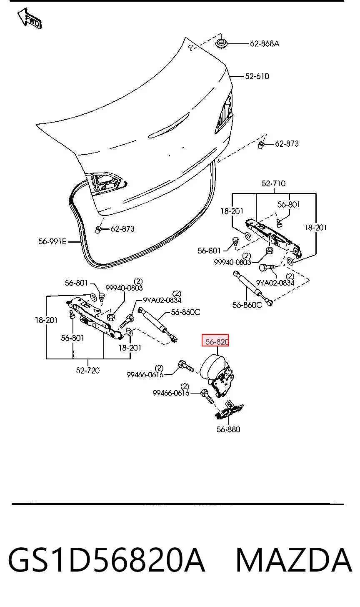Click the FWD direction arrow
pyautogui.click(x=30, y=19)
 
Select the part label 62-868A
pyautogui.click(x=265, y=44)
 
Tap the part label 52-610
pyautogui.click(x=257, y=76)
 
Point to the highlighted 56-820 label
pyautogui.click(x=215, y=340)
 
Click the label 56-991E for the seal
pyautogui.click(x=52, y=241)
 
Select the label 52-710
pyautogui.click(x=273, y=183)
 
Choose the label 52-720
pyautogui.click(x=88, y=370)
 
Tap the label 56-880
pyautogui.click(x=228, y=429)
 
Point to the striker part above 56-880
pyautogui.click(x=229, y=410)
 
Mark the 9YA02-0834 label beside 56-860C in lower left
pyautogui.click(x=162, y=300)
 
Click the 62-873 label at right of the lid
pyautogui.click(x=287, y=143)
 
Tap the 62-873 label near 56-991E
pyautogui.click(x=122, y=229)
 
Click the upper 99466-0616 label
pyautogui.click(x=145, y=374)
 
